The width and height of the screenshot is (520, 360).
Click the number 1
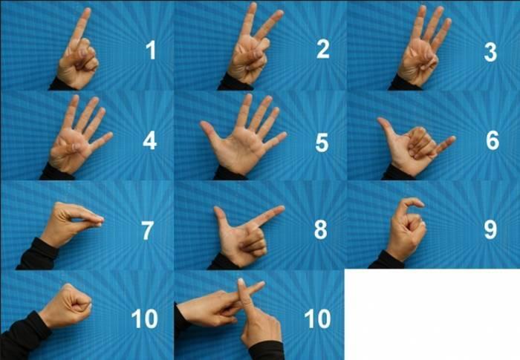[151, 50]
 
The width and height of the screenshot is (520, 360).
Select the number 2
[322, 50]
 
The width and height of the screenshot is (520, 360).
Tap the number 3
[490, 52]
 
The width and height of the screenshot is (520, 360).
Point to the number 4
[150, 140]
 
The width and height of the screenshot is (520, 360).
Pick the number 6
[493, 140]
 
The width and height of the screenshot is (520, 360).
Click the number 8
[320, 230]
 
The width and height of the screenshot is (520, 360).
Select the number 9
[490, 230]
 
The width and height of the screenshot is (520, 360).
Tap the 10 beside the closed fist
[144, 319]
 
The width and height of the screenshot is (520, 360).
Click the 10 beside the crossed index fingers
[317, 319]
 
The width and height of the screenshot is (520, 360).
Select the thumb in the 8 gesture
[221, 216]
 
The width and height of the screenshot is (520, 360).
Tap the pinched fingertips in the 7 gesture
[98, 220]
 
